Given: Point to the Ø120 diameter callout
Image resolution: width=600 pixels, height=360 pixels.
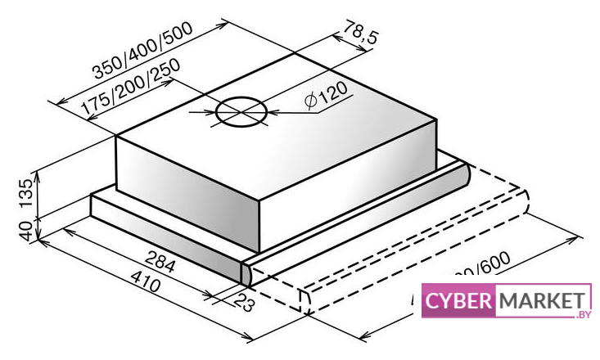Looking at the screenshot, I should coord(326,97).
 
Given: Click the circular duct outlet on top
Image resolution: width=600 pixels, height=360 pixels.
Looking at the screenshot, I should coord(241,112).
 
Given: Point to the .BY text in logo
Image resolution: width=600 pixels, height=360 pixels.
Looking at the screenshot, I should coord(582,314).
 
